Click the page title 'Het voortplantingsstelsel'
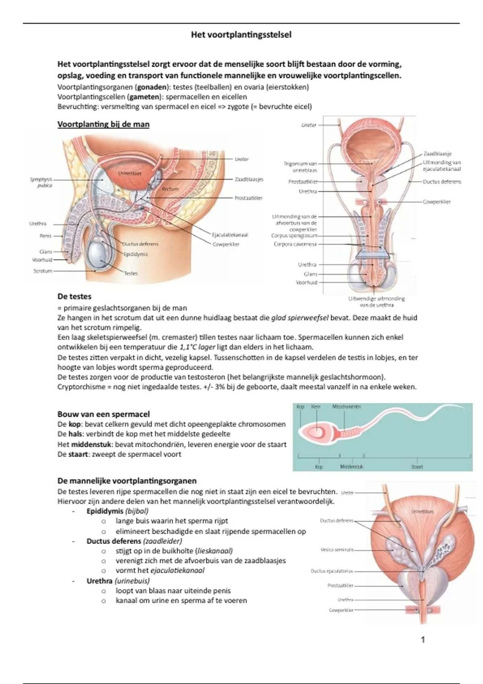(241, 35)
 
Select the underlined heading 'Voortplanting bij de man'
(103, 124)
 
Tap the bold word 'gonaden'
(151, 87)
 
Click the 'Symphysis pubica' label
(41, 182)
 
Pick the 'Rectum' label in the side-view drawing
(170, 189)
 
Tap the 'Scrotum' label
(43, 271)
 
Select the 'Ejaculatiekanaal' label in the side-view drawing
(230, 235)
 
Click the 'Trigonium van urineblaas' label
(300, 167)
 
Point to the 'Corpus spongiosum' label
(295, 236)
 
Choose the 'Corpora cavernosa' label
(295, 244)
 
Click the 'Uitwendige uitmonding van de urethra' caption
(376, 301)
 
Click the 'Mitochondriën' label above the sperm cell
(347, 407)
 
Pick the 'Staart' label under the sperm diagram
(417, 467)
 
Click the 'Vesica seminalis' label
(337, 550)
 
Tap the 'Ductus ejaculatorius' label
(332, 571)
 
